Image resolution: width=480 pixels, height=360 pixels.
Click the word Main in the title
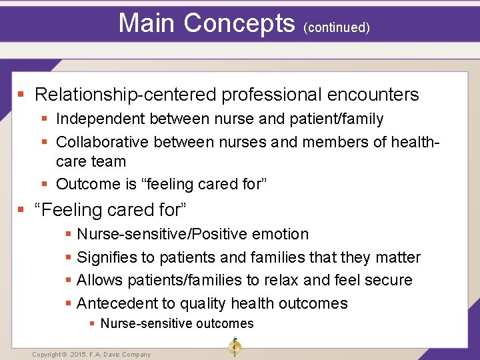pos(147,23)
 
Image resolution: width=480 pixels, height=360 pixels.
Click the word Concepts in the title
pos(239,23)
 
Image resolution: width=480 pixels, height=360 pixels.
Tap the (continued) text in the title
pos(336,27)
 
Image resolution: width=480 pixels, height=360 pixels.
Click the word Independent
pos(100,119)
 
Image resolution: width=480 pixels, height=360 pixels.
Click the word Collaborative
pos(103,142)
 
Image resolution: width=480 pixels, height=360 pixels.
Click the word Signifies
pos(107,257)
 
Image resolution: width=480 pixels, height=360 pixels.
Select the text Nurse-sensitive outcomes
pos(177,323)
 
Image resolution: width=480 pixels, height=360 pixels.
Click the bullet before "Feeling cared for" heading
pos(21,210)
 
